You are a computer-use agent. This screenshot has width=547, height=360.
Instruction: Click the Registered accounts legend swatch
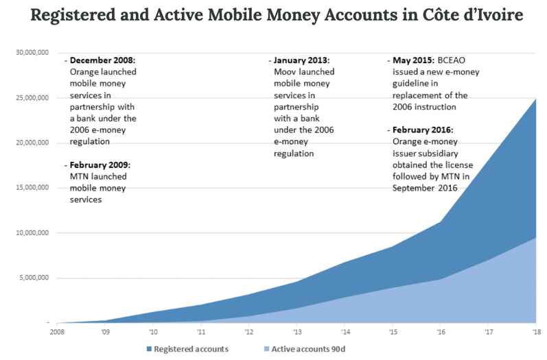(150, 349)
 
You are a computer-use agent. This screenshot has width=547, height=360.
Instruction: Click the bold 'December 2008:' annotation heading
(102, 60)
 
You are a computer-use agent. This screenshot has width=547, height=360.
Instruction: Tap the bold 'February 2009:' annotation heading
(100, 165)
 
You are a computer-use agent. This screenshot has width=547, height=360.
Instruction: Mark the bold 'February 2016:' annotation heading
(423, 130)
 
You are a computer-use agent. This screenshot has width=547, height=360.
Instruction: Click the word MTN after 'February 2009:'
(80, 177)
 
